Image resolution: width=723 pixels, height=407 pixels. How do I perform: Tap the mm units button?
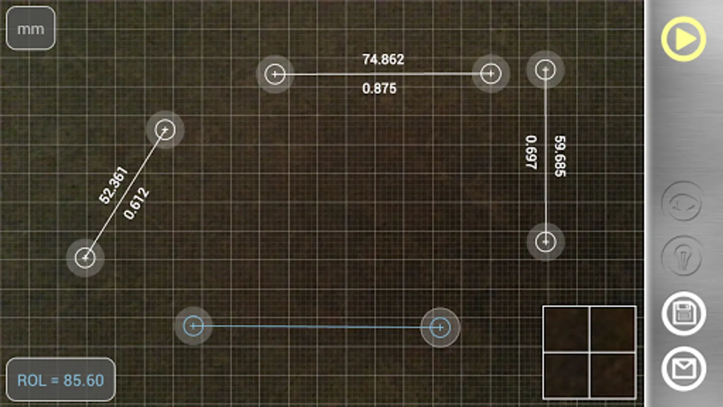pyautogui.click(x=30, y=28)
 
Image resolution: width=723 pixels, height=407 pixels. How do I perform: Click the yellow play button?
pyautogui.click(x=683, y=39)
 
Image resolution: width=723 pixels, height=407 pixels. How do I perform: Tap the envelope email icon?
pyautogui.click(x=683, y=369)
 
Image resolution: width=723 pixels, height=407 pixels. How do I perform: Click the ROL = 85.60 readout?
pyautogui.click(x=61, y=380)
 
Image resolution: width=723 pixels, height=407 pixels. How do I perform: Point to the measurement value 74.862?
pyautogui.click(x=383, y=59)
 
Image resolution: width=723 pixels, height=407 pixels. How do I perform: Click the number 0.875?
pyautogui.click(x=379, y=88)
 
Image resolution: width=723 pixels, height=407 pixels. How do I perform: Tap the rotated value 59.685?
pyautogui.click(x=560, y=156)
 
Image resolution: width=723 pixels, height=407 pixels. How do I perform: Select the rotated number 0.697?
pyautogui.click(x=531, y=152)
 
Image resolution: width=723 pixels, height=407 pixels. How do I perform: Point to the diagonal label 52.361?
pyautogui.click(x=113, y=185)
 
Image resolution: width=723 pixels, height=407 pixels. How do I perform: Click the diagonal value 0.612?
pyautogui.click(x=136, y=203)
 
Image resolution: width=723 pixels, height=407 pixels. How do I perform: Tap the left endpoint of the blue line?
pyautogui.click(x=193, y=326)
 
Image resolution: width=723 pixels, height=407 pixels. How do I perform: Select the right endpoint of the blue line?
pyautogui.click(x=440, y=327)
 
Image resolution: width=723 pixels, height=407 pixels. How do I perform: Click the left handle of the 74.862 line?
pyautogui.click(x=275, y=74)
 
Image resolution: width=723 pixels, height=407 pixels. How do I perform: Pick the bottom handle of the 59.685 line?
pyautogui.click(x=545, y=242)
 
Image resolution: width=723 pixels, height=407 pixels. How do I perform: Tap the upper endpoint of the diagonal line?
pyautogui.click(x=165, y=130)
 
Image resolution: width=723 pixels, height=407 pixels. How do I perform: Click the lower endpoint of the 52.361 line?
pyautogui.click(x=85, y=258)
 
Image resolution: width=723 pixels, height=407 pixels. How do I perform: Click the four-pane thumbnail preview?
pyautogui.click(x=589, y=352)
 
